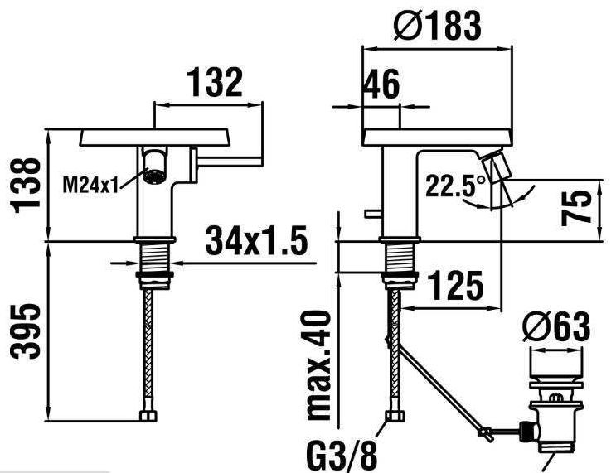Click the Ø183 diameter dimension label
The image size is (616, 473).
(437, 26)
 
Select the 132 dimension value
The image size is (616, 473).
(216, 82)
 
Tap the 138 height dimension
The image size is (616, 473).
(27, 185)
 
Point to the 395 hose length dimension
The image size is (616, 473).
(26, 331)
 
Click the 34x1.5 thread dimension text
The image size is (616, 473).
(256, 241)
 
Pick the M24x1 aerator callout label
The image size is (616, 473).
(90, 185)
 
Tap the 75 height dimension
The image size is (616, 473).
(576, 208)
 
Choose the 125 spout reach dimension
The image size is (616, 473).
(455, 285)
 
